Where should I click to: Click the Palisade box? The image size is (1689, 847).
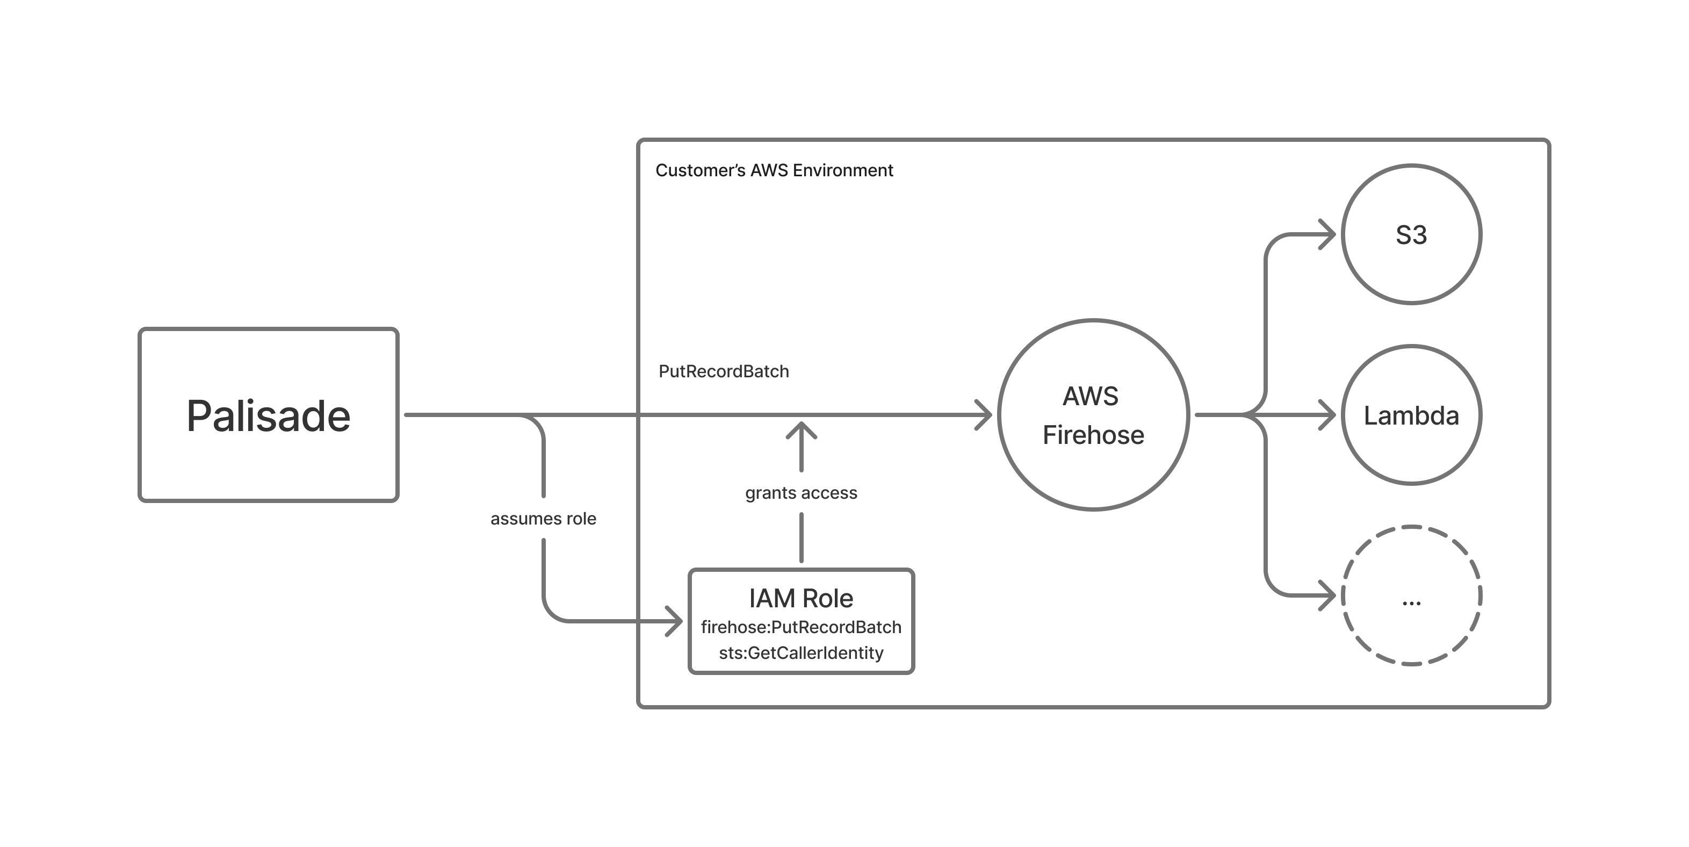click(x=268, y=415)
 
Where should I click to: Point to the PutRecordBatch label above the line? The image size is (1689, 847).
click(x=723, y=371)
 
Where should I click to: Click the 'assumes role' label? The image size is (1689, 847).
click(x=543, y=518)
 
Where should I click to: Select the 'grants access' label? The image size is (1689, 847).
click(x=800, y=493)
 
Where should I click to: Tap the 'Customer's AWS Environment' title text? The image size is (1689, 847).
click(x=774, y=170)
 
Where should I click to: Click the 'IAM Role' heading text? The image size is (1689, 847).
click(x=800, y=598)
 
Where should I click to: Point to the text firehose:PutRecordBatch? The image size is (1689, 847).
click(x=800, y=627)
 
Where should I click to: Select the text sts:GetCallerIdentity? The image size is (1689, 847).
click(x=800, y=653)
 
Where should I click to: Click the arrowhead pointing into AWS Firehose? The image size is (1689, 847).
click(x=984, y=415)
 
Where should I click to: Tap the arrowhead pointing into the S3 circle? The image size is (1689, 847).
click(x=1329, y=234)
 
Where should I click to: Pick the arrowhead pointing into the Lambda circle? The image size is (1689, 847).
click(x=1329, y=415)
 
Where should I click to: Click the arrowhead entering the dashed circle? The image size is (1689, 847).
click(x=1329, y=595)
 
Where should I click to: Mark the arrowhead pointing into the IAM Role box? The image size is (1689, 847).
click(x=675, y=621)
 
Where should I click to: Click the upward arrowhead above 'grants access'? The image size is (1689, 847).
click(x=800, y=430)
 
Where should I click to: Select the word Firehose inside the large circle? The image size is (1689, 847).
click(x=1093, y=435)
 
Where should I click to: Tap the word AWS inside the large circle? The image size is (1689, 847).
click(x=1091, y=396)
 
